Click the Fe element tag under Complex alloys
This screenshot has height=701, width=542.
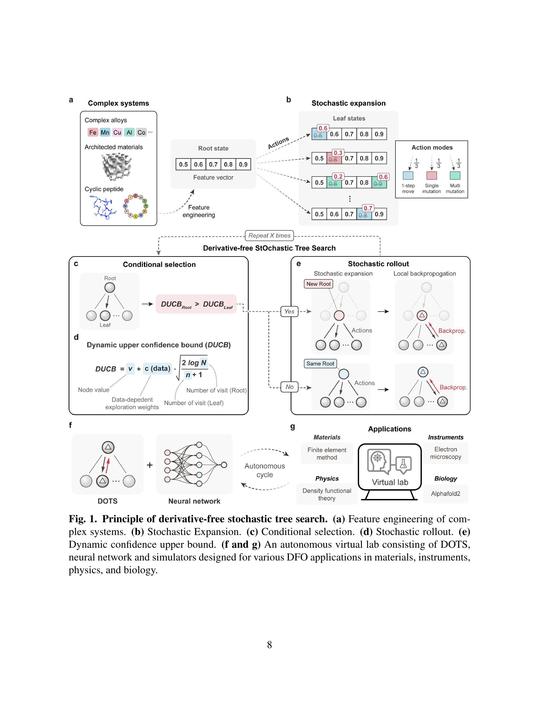pos(93,132)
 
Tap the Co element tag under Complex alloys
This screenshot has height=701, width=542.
pos(141,132)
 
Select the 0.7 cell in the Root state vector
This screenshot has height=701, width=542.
pos(213,164)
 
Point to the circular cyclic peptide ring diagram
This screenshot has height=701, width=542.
pos(135,206)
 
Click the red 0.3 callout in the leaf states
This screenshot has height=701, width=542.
pos(338,153)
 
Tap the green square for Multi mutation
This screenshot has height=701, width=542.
pos(455,176)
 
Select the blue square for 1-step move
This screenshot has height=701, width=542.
pos(408,176)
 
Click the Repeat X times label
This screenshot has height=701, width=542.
pos(269,235)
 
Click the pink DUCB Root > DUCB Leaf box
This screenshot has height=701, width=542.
pos(196,304)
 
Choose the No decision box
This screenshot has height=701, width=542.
pos(289,387)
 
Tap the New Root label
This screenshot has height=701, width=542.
pos(318,284)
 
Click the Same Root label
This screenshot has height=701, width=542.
pos(320,363)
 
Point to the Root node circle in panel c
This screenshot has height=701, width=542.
pos(110,288)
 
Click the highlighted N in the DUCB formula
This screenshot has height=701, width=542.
pos(204,363)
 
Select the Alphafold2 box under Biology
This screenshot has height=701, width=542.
pos(445,494)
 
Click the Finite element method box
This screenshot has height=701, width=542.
pos(326,453)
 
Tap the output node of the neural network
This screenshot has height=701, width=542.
pos(224,465)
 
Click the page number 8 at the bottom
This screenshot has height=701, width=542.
pos(269,645)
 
